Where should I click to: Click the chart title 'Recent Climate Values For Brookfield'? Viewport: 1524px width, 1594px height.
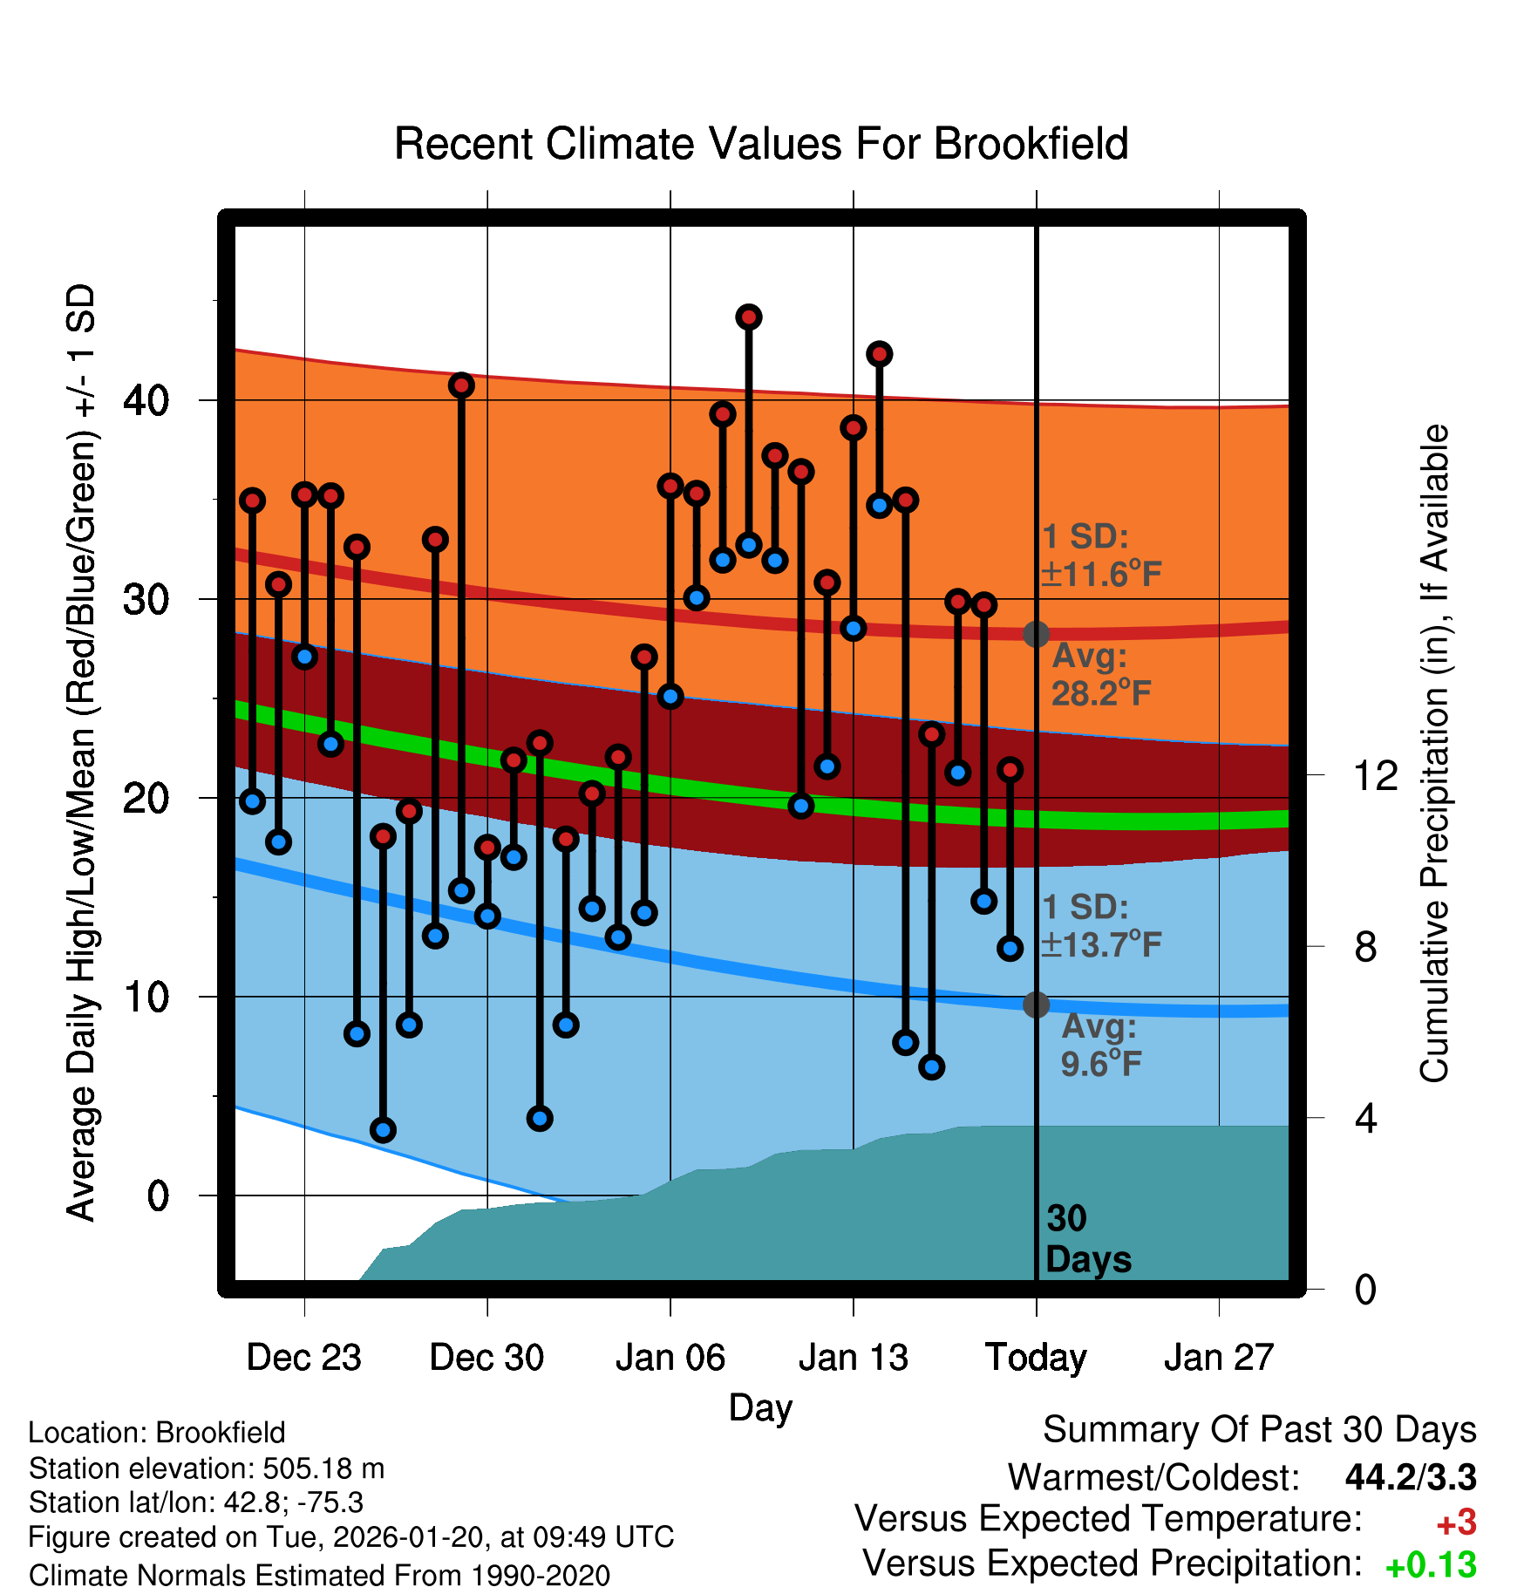pyautogui.click(x=761, y=144)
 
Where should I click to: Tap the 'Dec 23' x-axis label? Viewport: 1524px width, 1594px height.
pyautogui.click(x=303, y=1358)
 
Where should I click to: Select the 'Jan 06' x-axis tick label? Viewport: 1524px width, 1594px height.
pyautogui.click(x=670, y=1358)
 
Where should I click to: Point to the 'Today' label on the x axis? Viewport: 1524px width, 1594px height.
pyautogui.click(x=1036, y=1358)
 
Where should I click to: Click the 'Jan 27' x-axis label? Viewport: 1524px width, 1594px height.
pyautogui.click(x=1219, y=1358)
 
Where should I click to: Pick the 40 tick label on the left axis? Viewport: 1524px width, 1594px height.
pyautogui.click(x=146, y=401)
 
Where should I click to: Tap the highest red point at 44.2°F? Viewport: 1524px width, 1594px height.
pyautogui.click(x=749, y=317)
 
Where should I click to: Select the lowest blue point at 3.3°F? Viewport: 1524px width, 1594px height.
pyautogui.click(x=383, y=1130)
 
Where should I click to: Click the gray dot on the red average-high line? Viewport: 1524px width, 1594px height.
pyautogui.click(x=1036, y=634)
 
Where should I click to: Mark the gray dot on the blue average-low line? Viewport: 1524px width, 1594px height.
pyautogui.click(x=1036, y=1005)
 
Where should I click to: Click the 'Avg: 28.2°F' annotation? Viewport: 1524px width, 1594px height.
pyautogui.click(x=1100, y=675)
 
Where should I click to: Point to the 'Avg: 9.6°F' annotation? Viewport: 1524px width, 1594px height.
pyautogui.click(x=1100, y=1046)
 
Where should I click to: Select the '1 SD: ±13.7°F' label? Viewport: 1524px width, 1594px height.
pyautogui.click(x=1100, y=926)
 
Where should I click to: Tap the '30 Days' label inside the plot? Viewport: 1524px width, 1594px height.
pyautogui.click(x=1087, y=1239)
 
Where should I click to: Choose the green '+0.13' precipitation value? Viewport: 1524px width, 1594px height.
pyautogui.click(x=1431, y=1565)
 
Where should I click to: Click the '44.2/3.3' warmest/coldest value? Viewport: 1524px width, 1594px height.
pyautogui.click(x=1411, y=1477)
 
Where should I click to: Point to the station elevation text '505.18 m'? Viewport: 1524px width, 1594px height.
pyautogui.click(x=323, y=1468)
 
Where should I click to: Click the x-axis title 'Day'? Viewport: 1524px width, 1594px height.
pyautogui.click(x=760, y=1407)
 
